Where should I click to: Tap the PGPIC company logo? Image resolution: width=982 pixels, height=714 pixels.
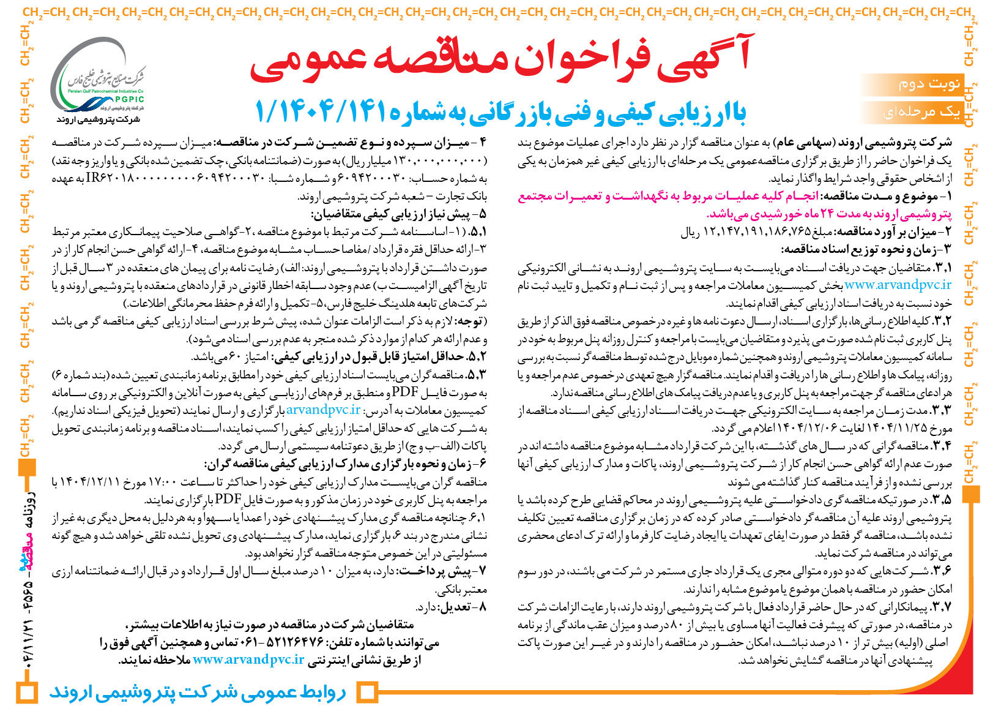pyautogui.click(x=98, y=77)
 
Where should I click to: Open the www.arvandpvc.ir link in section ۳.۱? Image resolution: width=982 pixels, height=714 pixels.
pyautogui.click(x=898, y=285)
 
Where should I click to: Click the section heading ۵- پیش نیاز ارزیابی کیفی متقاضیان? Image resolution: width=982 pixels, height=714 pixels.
pyautogui.click(x=398, y=214)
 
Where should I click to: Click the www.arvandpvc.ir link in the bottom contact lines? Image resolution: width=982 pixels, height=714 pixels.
pyautogui.click(x=248, y=660)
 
